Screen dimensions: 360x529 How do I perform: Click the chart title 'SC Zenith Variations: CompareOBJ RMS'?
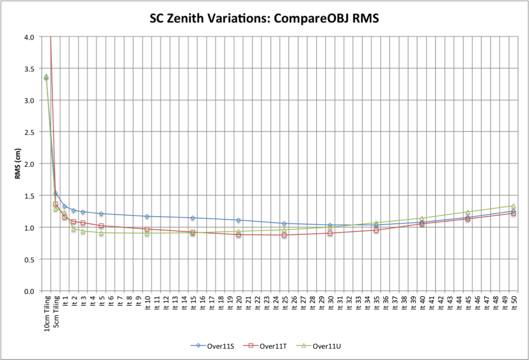[264, 19]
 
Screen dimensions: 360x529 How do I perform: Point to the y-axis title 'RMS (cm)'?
[18, 164]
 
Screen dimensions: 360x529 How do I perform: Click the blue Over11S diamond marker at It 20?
[238, 220]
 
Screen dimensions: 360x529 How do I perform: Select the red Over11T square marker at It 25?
[284, 235]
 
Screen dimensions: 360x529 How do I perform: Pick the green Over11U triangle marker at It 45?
[468, 212]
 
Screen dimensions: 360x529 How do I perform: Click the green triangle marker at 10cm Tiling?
[46, 76]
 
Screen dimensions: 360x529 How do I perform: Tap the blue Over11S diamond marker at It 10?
[147, 216]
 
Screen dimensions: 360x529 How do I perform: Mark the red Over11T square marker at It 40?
[422, 224]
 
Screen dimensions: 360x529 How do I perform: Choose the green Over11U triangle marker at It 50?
[513, 206]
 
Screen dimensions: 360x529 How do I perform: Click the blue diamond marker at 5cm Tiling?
[55, 193]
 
